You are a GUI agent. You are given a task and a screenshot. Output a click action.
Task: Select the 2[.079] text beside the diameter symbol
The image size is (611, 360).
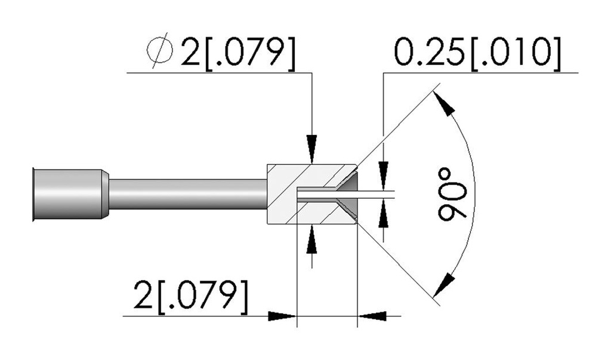tap(237, 53)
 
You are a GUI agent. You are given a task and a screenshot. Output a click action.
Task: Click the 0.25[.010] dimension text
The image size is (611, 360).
tap(477, 53)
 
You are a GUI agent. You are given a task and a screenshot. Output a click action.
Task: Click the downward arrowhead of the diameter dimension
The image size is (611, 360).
tap(311, 149)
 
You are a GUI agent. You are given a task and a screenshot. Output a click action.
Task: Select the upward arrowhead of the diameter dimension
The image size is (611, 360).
tap(311, 240)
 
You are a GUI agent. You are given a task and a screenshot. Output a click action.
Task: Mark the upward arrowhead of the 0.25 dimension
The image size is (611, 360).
tap(384, 214)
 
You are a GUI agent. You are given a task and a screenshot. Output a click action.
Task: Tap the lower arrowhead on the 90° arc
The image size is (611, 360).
tap(444, 286)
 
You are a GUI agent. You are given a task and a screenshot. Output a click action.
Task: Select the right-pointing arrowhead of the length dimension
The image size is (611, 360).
tap(282, 316)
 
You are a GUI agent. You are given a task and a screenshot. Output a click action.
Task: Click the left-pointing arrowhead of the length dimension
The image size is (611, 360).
tap(372, 316)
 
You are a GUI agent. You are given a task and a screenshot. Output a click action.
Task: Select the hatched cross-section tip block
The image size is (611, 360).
tap(311, 194)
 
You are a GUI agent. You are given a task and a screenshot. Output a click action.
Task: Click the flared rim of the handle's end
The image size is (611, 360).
tap(34, 195)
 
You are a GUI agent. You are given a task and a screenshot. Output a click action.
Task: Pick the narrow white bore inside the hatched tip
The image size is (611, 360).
tap(316, 194)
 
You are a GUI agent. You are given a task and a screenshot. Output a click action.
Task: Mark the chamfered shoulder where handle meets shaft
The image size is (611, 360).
tap(105, 195)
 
